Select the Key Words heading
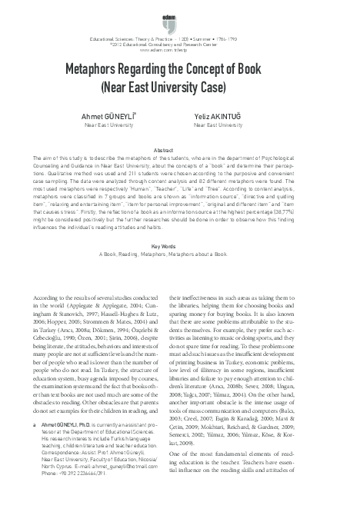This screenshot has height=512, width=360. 179,225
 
